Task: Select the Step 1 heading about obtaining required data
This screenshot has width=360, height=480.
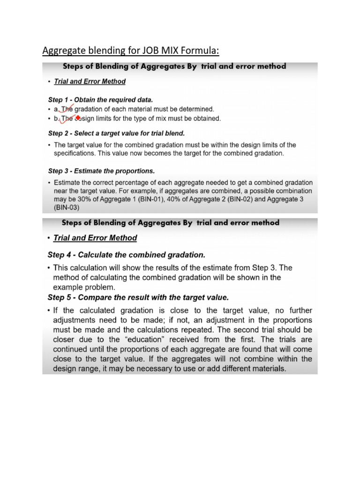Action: click(x=100, y=100)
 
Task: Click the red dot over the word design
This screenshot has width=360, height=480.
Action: click(x=78, y=118)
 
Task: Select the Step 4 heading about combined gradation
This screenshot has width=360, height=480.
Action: click(x=127, y=255)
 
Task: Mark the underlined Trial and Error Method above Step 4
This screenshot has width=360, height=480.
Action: click(x=96, y=238)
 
